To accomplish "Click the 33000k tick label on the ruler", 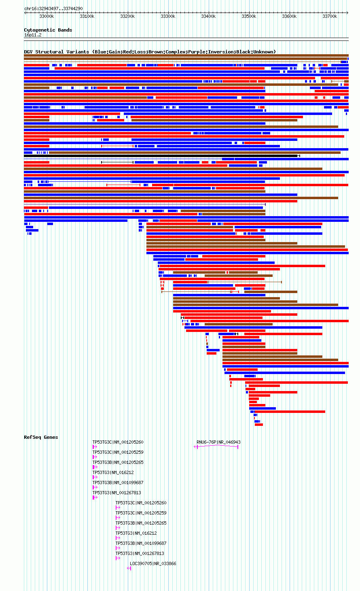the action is [47, 16].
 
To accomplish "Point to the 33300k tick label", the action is [168, 16].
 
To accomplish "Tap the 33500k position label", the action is [249, 16].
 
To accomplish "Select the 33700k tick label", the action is [330, 16].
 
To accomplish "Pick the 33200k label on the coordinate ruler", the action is [128, 16].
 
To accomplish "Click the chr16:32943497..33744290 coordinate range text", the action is [53, 9].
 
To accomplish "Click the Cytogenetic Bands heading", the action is [48, 30].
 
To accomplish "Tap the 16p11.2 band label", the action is [33, 35].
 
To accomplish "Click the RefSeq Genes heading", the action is [41, 437].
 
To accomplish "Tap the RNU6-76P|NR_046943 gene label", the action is [218, 442].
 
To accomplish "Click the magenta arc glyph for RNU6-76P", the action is [216, 445].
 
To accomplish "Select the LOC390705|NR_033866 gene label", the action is [153, 563].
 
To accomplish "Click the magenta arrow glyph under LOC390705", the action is [129, 568].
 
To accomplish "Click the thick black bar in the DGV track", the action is [161, 156].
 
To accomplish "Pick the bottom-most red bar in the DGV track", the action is [259, 425].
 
